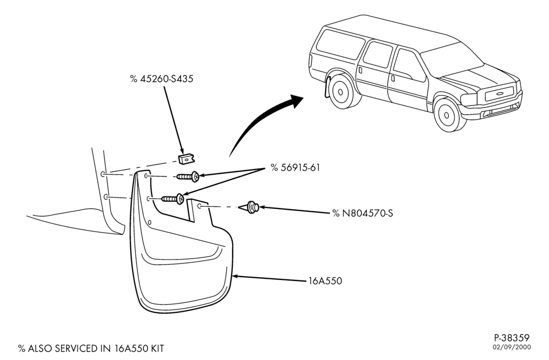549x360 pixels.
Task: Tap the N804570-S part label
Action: (363, 213)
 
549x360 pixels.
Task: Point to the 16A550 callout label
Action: (325, 281)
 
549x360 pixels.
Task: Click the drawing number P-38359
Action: (512, 338)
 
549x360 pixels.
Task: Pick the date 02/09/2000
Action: (512, 347)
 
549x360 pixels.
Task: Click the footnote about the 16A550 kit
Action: (91, 348)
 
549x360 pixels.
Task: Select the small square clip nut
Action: (187, 159)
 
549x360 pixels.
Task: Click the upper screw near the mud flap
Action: (188, 177)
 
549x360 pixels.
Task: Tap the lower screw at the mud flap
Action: (172, 199)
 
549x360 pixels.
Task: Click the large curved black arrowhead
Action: (295, 102)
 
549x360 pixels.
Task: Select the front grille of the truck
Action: (499, 93)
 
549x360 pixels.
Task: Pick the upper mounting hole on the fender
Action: (102, 174)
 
